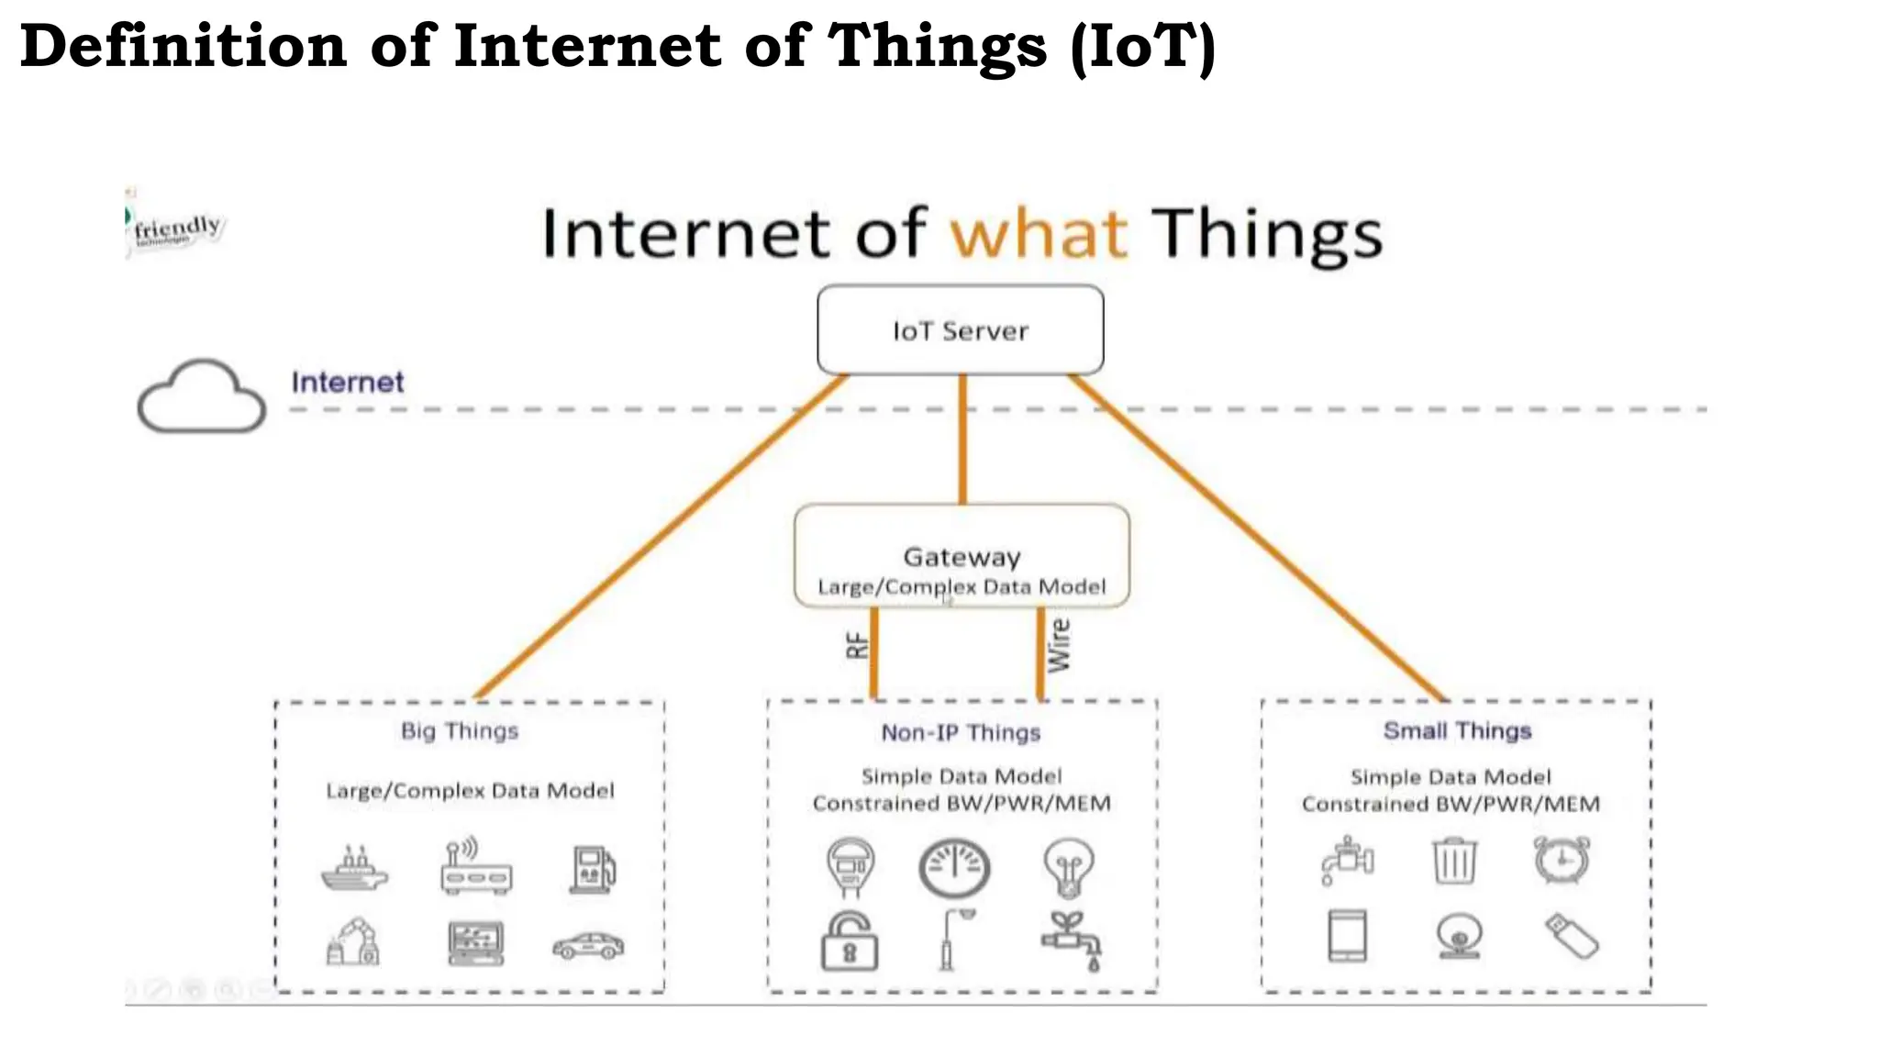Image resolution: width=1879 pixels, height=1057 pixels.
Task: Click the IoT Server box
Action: coord(960,330)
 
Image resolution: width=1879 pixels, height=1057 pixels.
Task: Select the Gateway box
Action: coord(961,556)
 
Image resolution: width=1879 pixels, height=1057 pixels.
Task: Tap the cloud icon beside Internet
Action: coord(202,396)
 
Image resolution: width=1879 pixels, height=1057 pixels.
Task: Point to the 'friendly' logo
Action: coord(176,228)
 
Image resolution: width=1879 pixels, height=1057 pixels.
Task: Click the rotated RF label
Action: coord(856,646)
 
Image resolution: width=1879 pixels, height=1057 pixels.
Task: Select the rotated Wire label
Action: coord(1059,645)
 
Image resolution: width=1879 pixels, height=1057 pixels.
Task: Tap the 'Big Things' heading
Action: coord(460,731)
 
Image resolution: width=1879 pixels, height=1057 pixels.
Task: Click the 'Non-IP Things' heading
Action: coord(961,733)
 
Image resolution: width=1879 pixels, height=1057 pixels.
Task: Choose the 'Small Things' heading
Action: coord(1457,731)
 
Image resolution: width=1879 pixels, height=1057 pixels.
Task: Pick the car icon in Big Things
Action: coord(588,945)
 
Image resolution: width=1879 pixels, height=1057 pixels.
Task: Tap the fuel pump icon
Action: coord(593,869)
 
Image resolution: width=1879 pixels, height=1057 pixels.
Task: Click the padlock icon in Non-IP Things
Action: coord(850,941)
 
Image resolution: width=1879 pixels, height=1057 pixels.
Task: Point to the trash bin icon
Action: coord(1454,861)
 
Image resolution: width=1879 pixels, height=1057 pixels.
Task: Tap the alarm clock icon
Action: coord(1562,860)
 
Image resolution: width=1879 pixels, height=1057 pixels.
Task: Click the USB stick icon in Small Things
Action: coord(1572,936)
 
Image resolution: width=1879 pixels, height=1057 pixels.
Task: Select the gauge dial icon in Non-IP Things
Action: coord(954,867)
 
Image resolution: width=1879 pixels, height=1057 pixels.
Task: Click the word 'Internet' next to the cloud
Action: coord(347,383)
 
